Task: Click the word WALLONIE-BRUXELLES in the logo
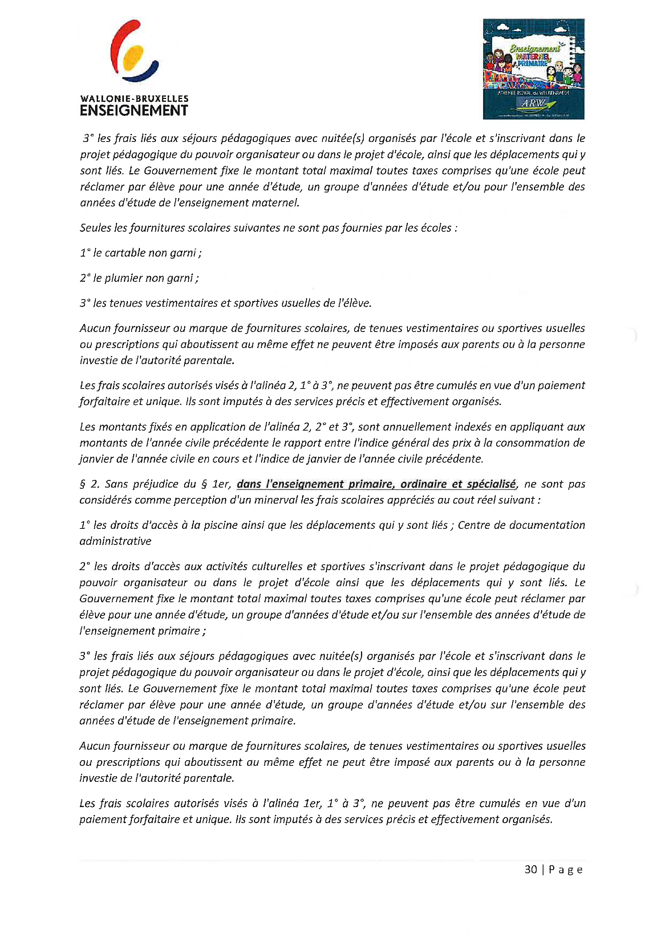tap(134, 98)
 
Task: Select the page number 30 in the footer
tap(530, 870)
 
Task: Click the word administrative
tap(115, 541)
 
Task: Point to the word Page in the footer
tap(566, 870)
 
